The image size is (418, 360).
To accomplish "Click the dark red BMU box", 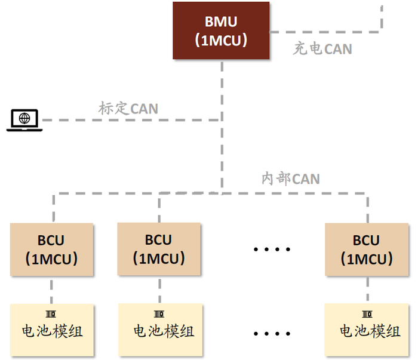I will click(221, 30).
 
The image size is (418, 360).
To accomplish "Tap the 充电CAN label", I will click(322, 49).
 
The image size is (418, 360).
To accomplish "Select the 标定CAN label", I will click(128, 109).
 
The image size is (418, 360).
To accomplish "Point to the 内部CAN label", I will click(291, 179).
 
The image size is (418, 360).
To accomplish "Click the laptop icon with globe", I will click(24, 119).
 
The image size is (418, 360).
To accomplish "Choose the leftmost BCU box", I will click(52, 250).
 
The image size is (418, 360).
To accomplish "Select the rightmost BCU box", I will click(366, 249).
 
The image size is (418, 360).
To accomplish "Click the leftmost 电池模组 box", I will click(52, 330).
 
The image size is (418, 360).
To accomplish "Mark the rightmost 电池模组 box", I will click(367, 330).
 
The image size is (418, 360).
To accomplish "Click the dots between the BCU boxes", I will click(272, 249).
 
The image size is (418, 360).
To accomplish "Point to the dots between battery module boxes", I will click(272, 332).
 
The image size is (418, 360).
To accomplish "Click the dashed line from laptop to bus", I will click(131, 120).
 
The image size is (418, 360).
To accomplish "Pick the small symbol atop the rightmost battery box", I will click(366, 314).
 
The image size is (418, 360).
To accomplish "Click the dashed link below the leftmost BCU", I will click(51, 290).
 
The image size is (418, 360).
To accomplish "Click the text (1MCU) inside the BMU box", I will click(221, 41).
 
